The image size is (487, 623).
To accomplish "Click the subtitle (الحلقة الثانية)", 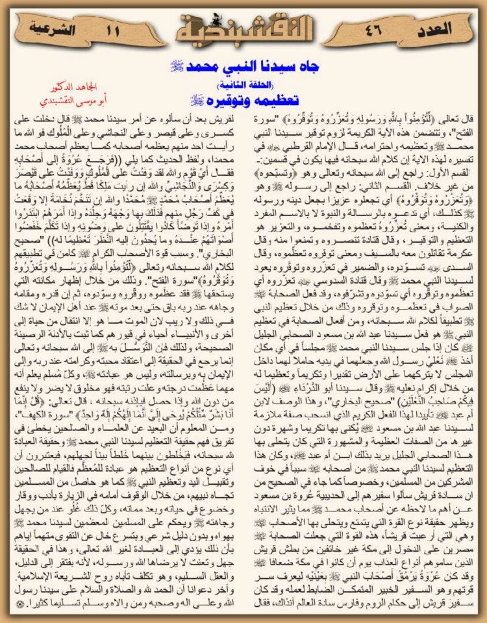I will (x=243, y=84).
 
